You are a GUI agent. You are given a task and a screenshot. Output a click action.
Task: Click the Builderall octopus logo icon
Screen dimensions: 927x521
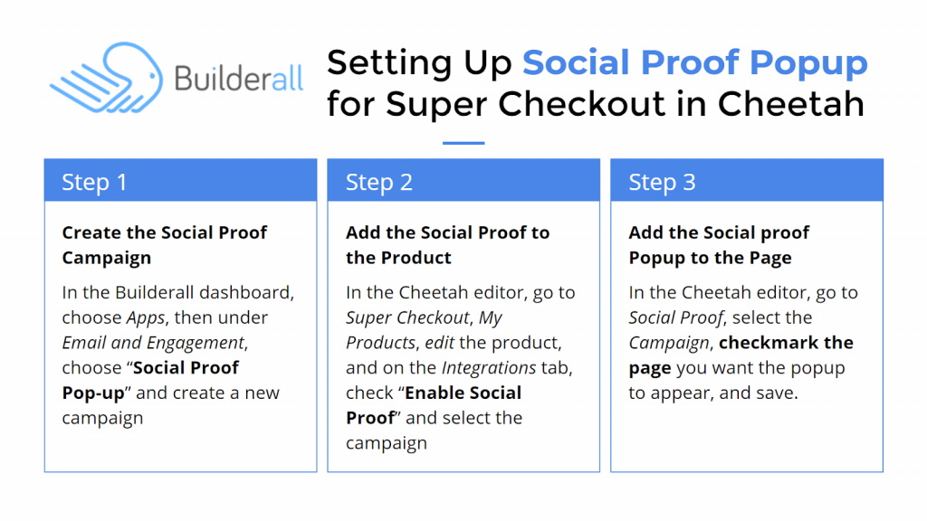[107, 78]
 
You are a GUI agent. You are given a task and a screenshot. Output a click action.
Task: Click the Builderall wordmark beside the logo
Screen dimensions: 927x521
[239, 78]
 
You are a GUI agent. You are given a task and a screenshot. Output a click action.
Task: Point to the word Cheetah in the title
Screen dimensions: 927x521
[791, 103]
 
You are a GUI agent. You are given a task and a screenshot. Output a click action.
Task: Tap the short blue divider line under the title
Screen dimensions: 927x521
[463, 143]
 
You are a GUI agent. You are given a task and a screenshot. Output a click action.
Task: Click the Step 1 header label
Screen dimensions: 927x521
[94, 182]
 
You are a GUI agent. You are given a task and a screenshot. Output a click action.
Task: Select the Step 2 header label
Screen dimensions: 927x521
[379, 182]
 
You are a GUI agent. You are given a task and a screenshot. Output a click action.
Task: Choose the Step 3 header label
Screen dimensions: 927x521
[662, 182]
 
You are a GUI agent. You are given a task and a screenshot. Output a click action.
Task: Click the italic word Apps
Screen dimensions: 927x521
[146, 318]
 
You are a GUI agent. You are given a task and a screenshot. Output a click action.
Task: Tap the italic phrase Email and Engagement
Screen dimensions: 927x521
[154, 343]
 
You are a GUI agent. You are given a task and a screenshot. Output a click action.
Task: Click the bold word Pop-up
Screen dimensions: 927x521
[93, 393]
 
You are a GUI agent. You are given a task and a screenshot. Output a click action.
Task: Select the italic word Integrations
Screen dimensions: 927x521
[489, 368]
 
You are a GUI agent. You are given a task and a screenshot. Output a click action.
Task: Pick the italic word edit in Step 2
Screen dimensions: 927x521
[440, 343]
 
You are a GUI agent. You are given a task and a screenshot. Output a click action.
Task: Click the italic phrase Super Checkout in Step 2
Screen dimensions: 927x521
[408, 317]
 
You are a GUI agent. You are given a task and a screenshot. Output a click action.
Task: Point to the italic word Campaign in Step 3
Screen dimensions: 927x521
[669, 343]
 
